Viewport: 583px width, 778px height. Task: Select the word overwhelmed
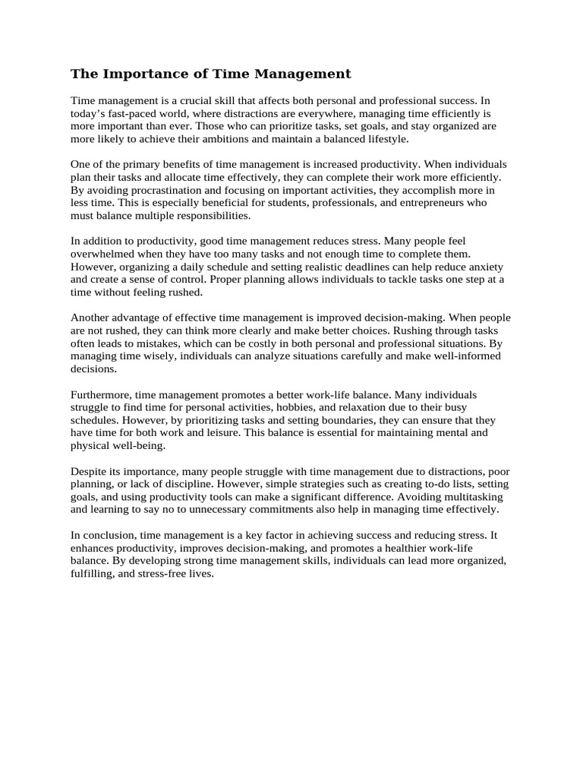point(102,254)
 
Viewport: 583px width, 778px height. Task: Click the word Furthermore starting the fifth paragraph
point(102,395)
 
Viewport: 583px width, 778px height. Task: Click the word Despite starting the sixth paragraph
point(90,472)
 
